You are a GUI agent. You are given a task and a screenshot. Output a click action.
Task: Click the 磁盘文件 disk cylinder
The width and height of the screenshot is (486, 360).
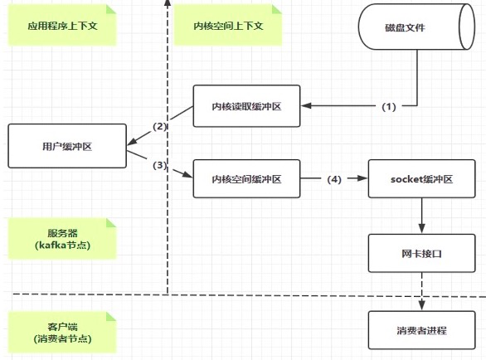416,27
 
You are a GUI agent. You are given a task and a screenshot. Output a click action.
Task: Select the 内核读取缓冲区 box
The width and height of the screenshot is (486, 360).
246,106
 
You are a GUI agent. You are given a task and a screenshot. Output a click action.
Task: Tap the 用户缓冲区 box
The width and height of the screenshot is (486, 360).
67,146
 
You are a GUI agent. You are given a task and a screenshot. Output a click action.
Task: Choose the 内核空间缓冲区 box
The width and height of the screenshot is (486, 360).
246,178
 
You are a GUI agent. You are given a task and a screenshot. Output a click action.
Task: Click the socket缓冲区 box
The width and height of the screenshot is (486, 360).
421,178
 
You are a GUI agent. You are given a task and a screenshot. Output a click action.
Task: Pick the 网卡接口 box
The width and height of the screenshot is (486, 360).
421,253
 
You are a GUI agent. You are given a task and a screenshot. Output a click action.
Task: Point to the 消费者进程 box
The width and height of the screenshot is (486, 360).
421,330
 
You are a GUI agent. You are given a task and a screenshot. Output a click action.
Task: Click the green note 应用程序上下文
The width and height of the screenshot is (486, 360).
62,26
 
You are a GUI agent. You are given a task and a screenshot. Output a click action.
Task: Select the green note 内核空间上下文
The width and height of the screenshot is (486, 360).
228,26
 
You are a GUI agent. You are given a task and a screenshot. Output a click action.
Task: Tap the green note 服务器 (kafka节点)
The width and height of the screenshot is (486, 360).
62,239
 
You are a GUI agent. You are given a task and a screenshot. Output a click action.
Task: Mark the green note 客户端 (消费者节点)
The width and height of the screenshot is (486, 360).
62,333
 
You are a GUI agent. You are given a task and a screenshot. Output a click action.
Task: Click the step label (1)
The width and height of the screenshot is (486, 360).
389,107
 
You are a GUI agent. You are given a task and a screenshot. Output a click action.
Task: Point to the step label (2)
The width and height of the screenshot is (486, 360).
159,126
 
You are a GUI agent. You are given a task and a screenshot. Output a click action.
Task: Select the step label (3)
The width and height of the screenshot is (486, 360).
159,165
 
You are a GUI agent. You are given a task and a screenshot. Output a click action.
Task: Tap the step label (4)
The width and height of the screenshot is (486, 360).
334,179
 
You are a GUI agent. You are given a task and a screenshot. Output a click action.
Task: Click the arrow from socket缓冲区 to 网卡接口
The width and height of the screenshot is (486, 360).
421,216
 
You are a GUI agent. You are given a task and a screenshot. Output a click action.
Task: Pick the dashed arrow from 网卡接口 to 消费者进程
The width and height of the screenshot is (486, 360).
421,292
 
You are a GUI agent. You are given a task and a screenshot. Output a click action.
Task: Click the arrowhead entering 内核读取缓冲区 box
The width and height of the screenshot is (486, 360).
306,105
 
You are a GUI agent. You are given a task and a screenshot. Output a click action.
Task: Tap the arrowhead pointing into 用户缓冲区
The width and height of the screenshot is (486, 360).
132,142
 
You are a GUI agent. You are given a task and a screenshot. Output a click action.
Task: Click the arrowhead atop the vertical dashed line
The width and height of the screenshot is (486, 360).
168,2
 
